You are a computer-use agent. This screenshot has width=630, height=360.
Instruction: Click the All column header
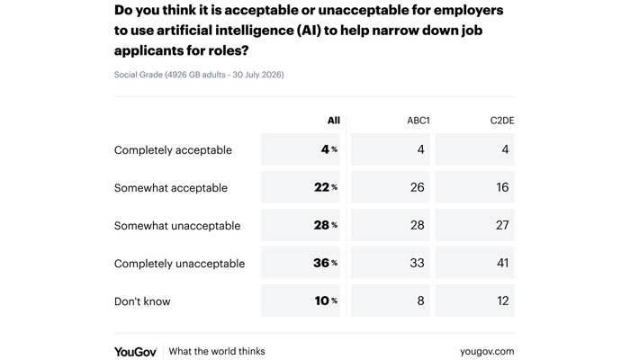point(334,121)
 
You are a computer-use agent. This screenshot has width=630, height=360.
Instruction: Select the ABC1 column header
point(418,121)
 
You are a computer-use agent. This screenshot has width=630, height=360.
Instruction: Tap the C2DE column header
point(502,121)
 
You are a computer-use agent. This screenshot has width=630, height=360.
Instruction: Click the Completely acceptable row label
point(173,150)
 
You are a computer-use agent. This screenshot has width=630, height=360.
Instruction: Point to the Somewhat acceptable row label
point(171,187)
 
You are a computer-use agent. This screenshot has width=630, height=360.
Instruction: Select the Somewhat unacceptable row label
point(177,225)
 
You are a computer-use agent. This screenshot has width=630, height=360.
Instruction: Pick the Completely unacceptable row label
point(180,264)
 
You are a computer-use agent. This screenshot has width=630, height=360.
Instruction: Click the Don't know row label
point(142,301)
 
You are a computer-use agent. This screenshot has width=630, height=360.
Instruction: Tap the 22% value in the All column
point(326,187)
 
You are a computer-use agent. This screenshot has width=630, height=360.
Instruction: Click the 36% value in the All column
point(326,263)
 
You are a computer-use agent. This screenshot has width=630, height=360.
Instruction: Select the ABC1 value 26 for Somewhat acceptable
point(417,187)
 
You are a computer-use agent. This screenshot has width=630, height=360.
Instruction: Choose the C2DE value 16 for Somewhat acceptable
point(502,187)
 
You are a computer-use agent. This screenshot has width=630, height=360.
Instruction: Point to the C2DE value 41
point(502,263)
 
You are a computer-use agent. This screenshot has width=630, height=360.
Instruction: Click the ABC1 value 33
point(417,263)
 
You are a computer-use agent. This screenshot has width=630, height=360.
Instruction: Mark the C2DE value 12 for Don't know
point(502,301)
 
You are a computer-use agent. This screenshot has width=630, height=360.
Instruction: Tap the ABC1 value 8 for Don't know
point(420,301)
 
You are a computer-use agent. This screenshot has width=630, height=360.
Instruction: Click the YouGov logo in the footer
point(135,352)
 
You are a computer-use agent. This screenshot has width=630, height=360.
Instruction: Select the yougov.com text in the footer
point(487,352)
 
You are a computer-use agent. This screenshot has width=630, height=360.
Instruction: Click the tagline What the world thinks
point(217,351)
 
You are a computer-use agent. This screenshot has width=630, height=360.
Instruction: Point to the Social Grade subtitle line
point(199,75)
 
